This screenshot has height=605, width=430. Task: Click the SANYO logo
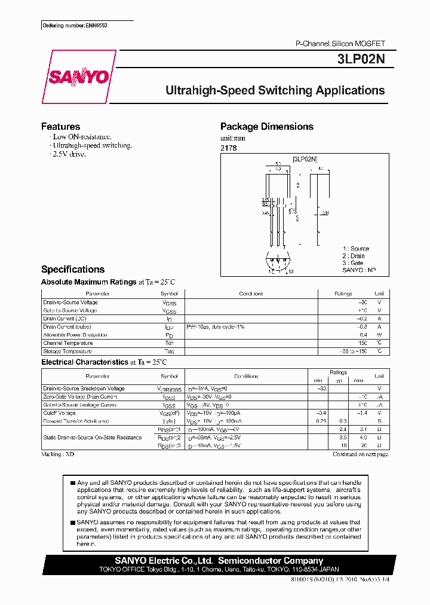pyautogui.click(x=78, y=77)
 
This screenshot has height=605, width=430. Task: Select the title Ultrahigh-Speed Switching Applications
pyautogui.click(x=275, y=91)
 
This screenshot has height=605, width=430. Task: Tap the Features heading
pyautogui.click(x=60, y=127)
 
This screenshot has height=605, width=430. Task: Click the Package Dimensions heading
pyautogui.click(x=266, y=127)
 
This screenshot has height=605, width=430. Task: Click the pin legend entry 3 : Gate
pyautogui.click(x=353, y=263)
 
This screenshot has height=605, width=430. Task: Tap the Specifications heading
pyautogui.click(x=72, y=270)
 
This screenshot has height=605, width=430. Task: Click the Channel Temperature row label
pyautogui.click(x=67, y=343)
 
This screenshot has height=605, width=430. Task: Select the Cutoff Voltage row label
pyautogui.click(x=59, y=413)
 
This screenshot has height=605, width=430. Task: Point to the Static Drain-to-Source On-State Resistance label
pyautogui.click(x=92, y=438)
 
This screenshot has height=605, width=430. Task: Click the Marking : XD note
pyautogui.click(x=57, y=454)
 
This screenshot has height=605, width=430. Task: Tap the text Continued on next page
pyautogui.click(x=360, y=454)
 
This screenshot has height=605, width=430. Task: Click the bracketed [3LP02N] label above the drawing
pyautogui.click(x=305, y=159)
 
